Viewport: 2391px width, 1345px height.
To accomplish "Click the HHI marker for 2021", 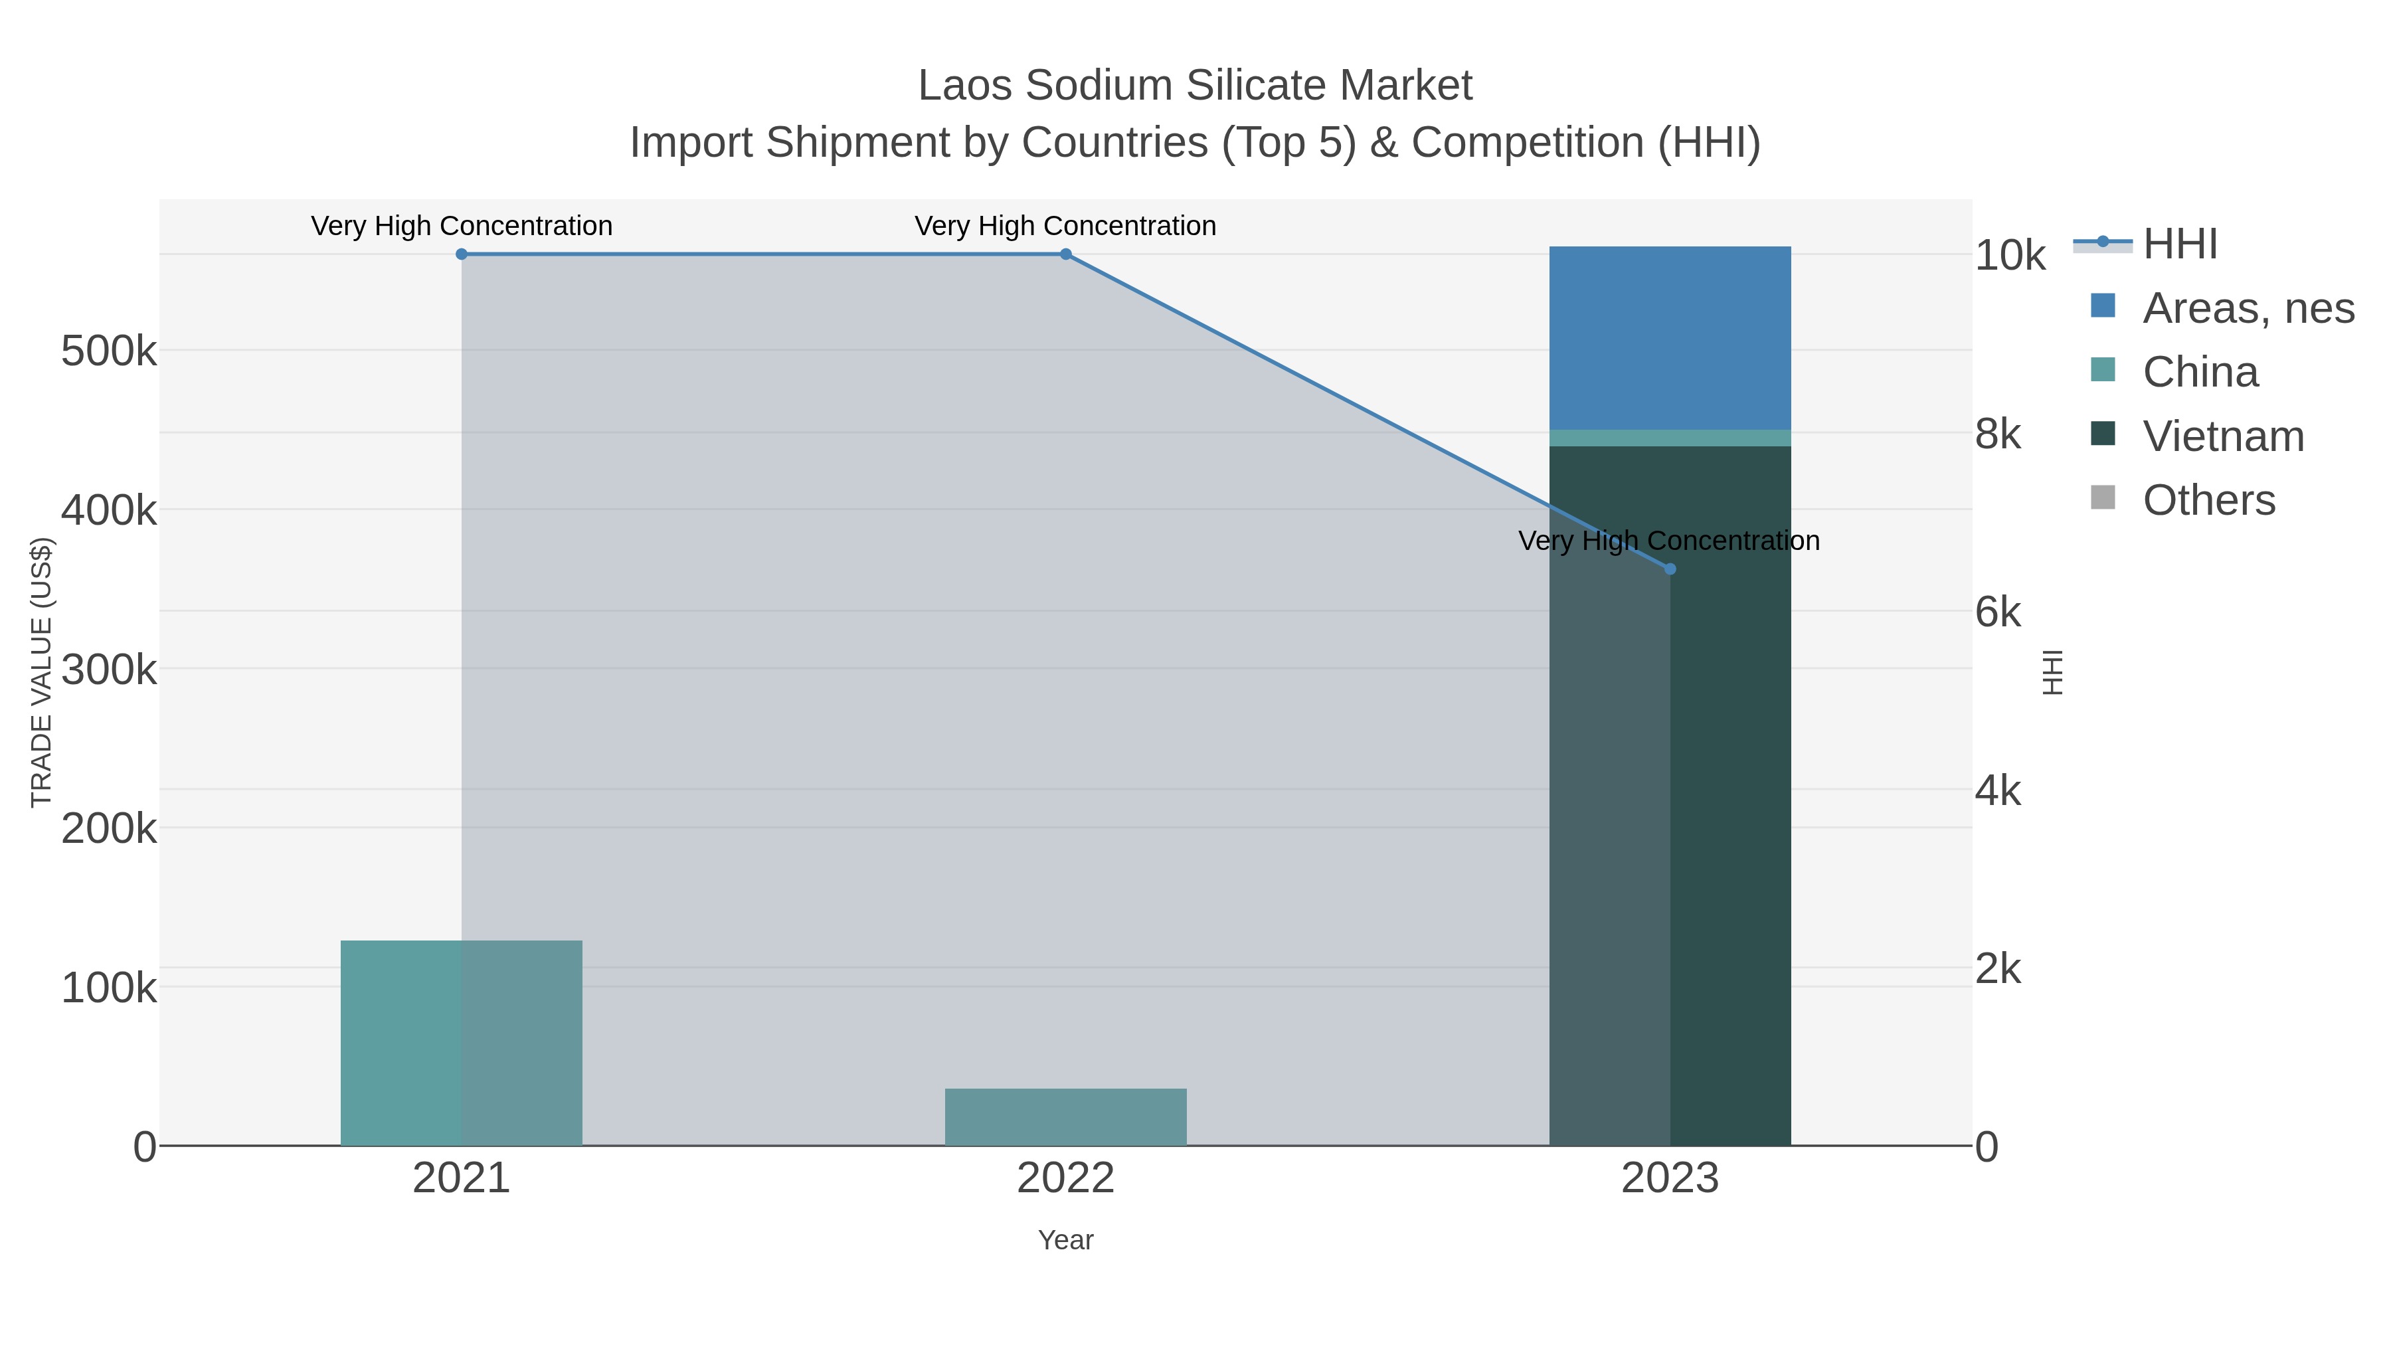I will point(462,254).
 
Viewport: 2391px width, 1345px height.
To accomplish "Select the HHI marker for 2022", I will point(1065,254).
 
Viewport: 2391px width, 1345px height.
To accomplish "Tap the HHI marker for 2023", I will point(1670,569).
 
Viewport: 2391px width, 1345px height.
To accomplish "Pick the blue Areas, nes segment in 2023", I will point(1670,338).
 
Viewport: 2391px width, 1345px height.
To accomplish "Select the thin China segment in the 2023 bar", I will point(1670,438).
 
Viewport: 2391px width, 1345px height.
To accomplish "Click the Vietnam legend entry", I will point(2222,436).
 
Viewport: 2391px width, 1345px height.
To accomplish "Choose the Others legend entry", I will point(2208,500).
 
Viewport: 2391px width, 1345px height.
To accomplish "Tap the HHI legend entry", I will point(2179,244).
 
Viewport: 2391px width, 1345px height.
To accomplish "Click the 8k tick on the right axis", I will point(1997,434).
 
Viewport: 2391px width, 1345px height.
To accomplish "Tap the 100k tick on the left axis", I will point(109,988).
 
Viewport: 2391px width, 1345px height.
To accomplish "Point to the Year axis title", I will point(1065,1240).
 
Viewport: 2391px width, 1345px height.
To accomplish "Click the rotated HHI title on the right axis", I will point(2052,672).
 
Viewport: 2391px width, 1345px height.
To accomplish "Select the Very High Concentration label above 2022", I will point(1065,226).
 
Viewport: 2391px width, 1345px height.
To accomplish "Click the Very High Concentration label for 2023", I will point(1669,541).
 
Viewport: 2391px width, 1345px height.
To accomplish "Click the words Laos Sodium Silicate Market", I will point(1195,86).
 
